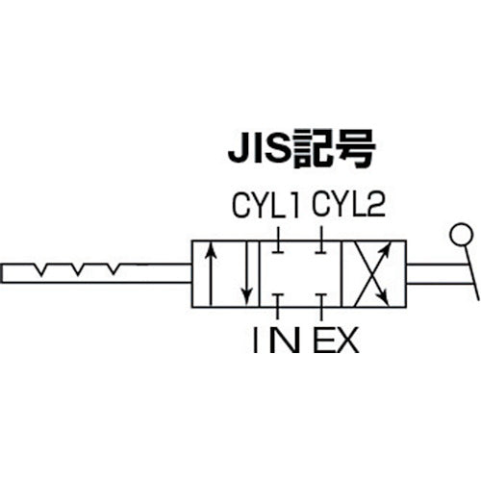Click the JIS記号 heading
pyautogui.click(x=301, y=149)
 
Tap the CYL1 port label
pyautogui.click(x=266, y=206)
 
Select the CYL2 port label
pyautogui.click(x=348, y=204)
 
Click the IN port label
pyautogui.click(x=276, y=341)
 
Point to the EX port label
pyautogui.click(x=336, y=341)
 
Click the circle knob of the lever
pyautogui.click(x=461, y=235)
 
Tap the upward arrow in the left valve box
pyautogui.click(x=211, y=273)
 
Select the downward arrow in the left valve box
pyautogui.click(x=246, y=273)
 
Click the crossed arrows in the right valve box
pyautogui.click(x=372, y=273)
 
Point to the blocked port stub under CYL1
pyautogui.click(x=278, y=240)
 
